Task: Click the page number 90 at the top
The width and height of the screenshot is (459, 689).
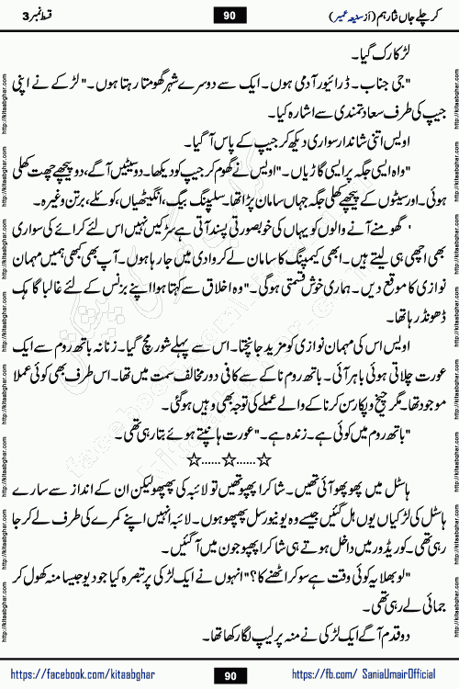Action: (x=229, y=15)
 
